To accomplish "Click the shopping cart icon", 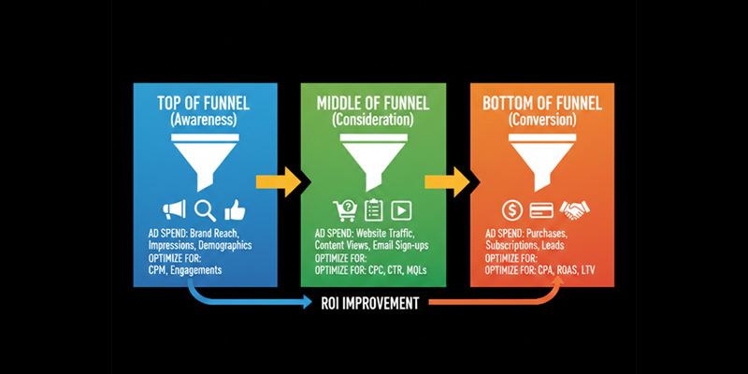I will [343, 209].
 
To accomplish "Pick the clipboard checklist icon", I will [373, 209].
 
